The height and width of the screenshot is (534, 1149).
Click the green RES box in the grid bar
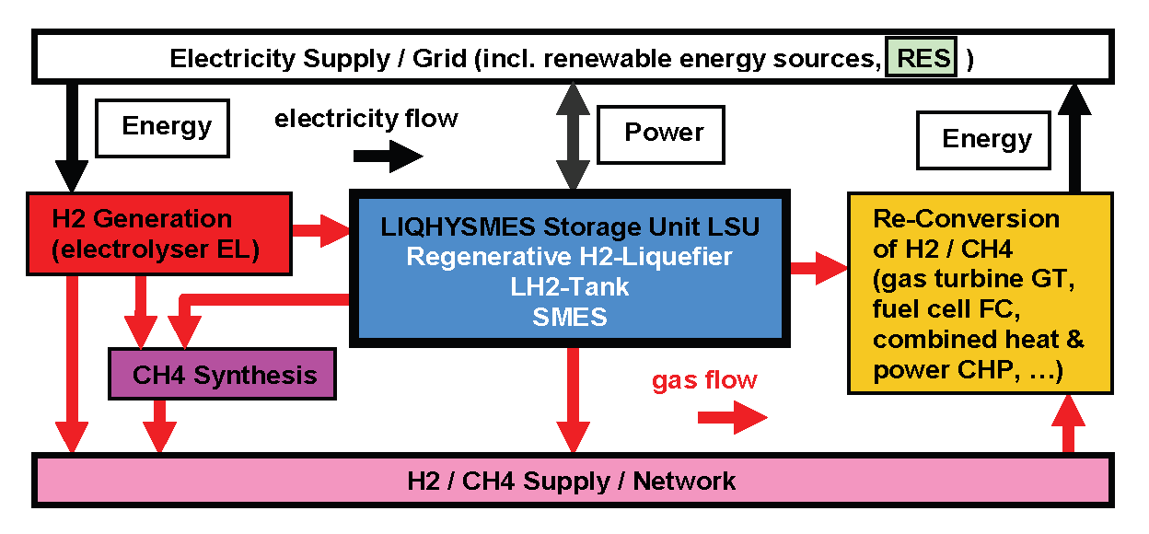pyautogui.click(x=922, y=58)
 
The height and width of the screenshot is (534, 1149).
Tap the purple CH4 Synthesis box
pyautogui.click(x=223, y=375)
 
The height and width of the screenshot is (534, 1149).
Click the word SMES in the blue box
pyautogui.click(x=570, y=317)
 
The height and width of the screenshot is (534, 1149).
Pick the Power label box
pyautogui.click(x=663, y=133)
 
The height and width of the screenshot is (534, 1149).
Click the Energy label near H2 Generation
pyautogui.click(x=166, y=126)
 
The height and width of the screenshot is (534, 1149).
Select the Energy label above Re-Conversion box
pyautogui.click(x=986, y=139)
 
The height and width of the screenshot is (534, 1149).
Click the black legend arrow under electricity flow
pyautogui.click(x=388, y=157)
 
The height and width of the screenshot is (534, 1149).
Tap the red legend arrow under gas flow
pyautogui.click(x=731, y=418)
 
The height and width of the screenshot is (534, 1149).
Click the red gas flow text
pyautogui.click(x=704, y=379)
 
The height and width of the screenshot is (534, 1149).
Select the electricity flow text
pyautogui.click(x=366, y=118)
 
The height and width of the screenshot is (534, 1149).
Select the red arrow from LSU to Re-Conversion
pyautogui.click(x=818, y=269)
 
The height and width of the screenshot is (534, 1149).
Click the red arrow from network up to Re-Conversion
pyautogui.click(x=1068, y=424)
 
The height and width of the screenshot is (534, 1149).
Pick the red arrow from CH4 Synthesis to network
pyautogui.click(x=160, y=425)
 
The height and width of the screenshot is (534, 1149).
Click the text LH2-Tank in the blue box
pyautogui.click(x=569, y=286)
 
